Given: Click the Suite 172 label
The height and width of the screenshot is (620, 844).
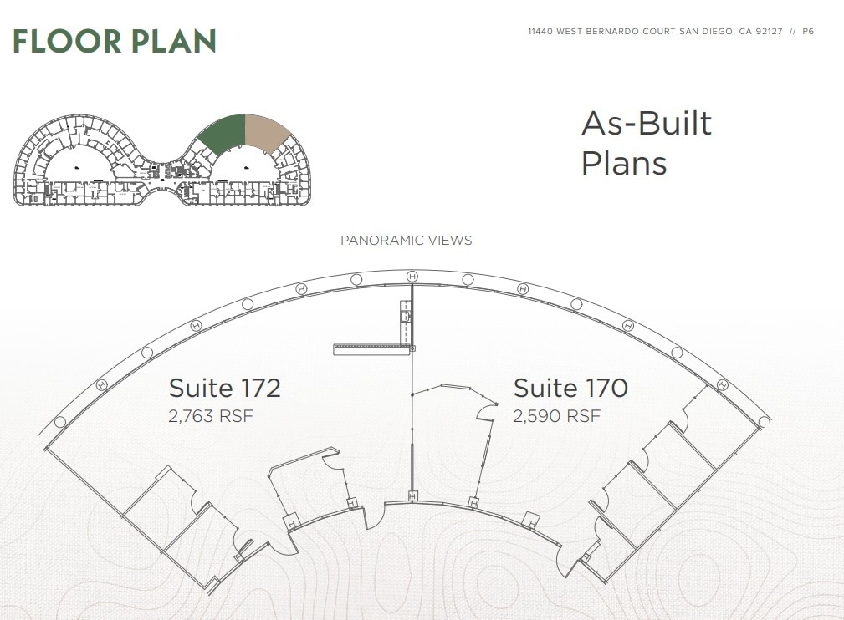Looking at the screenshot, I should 224,389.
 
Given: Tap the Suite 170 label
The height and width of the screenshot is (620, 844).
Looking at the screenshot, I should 570,389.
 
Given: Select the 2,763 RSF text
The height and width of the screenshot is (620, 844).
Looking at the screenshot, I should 211,416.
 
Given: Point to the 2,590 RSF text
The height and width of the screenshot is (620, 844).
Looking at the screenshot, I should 556,416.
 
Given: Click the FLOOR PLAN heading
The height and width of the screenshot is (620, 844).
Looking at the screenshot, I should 115,41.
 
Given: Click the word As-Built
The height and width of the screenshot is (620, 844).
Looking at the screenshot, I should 647,124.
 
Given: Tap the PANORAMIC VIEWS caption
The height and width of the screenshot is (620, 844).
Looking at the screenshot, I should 406,241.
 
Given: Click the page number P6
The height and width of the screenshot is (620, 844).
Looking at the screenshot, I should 807,32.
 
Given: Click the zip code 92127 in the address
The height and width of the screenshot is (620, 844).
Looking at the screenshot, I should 770,32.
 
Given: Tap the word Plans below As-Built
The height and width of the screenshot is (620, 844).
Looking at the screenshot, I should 624,162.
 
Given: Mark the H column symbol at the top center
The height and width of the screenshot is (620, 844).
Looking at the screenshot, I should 412,276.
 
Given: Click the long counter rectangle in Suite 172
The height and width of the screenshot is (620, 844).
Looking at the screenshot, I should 371,349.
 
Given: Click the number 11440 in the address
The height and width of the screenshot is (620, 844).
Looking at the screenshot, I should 540,32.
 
